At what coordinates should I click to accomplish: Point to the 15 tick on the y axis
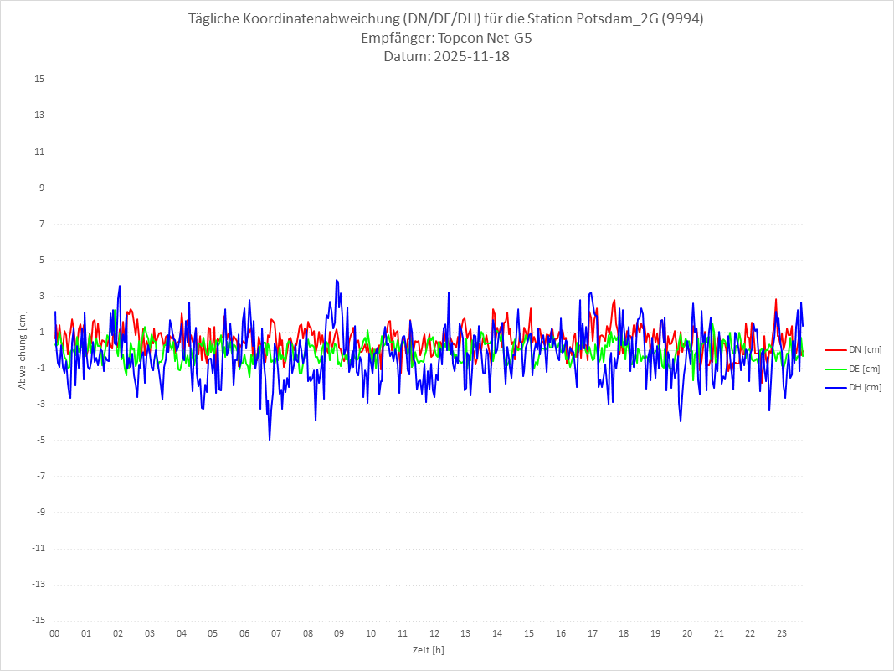39,80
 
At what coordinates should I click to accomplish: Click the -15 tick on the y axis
37,620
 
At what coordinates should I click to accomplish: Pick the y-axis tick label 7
40,224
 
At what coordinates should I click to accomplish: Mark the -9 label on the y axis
39,512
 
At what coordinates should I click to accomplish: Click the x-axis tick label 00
54,633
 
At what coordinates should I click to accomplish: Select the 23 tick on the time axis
782,633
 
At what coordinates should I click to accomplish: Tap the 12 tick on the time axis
434,633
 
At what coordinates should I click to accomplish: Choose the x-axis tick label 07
275,633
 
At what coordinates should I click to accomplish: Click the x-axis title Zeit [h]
428,649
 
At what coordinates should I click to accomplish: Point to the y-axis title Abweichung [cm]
23,349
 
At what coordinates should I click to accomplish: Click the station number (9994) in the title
682,19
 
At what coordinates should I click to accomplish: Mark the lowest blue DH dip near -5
270,439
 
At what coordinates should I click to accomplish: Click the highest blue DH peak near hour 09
337,280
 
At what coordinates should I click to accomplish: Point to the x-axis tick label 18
624,633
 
